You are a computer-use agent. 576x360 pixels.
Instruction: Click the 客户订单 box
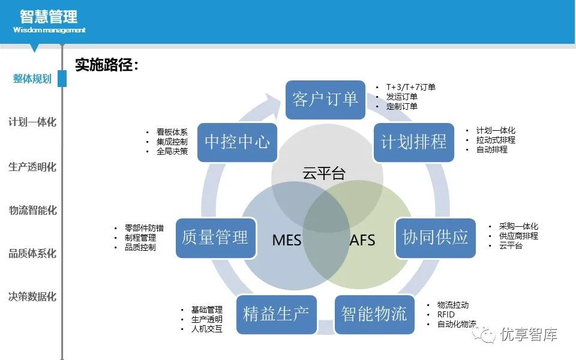[x=325, y=100]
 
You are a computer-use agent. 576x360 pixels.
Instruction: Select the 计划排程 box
[x=413, y=142]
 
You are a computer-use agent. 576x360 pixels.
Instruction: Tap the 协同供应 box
[x=435, y=238]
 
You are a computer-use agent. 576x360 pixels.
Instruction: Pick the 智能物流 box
[x=374, y=314]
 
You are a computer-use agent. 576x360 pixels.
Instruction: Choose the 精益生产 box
[x=275, y=314]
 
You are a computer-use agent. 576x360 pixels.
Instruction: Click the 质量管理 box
[x=215, y=238]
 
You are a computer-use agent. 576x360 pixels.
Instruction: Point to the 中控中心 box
[x=237, y=142]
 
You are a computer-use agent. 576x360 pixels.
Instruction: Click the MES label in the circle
[x=287, y=240]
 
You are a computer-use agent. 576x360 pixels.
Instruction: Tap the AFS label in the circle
[x=362, y=240]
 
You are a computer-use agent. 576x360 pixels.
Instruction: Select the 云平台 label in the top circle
[x=324, y=175]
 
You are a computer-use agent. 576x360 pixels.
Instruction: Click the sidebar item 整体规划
[x=32, y=79]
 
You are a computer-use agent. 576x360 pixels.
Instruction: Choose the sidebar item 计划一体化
[x=32, y=122]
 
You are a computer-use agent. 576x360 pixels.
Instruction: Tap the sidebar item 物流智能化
[x=32, y=210]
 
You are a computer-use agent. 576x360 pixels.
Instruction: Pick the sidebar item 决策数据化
[x=32, y=296]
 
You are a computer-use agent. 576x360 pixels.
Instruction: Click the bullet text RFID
[x=446, y=314]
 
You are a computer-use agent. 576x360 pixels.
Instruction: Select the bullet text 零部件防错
[x=144, y=228]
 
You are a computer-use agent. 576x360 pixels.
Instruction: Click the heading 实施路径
[x=107, y=65]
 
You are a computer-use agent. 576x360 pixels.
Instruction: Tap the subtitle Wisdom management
[x=49, y=30]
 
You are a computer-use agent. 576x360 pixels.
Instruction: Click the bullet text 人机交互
[x=206, y=329]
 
